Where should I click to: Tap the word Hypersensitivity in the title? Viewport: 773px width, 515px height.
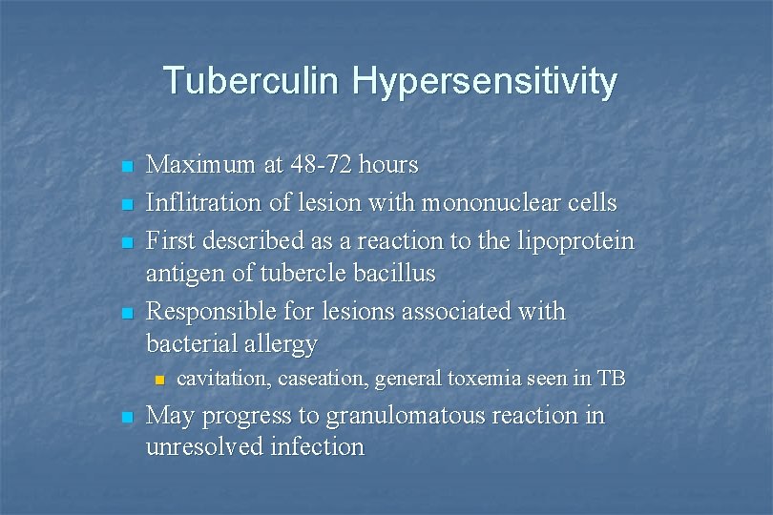click(484, 82)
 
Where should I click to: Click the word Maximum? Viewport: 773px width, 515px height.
click(200, 165)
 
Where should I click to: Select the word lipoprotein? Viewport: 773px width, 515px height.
click(573, 242)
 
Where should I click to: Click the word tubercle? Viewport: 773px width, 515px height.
click(295, 274)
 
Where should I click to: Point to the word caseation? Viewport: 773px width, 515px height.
click(324, 379)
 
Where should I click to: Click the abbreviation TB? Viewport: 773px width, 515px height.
click(611, 379)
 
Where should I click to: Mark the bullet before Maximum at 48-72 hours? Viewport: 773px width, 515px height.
click(125, 167)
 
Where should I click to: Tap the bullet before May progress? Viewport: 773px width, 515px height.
click(125, 418)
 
